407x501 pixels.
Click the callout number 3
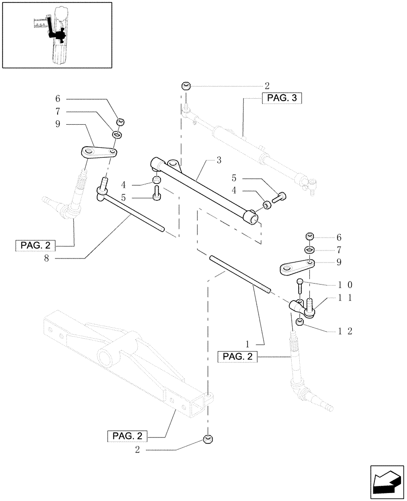(219, 160)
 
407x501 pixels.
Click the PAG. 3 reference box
(282, 99)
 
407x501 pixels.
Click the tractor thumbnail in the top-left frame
(56, 35)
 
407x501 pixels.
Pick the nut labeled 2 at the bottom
(208, 440)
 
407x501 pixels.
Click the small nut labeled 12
(299, 322)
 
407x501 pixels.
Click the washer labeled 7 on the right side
(309, 249)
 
